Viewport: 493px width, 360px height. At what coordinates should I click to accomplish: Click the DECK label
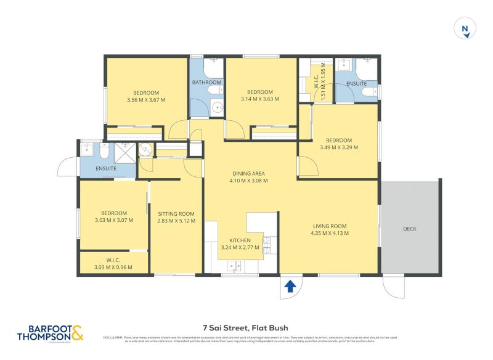tap(410, 229)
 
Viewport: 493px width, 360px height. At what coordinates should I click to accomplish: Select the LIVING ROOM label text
tap(330, 226)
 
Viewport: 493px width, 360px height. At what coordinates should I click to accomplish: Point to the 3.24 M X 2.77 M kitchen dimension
tap(240, 248)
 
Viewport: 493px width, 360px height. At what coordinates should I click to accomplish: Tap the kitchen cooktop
tap(267, 245)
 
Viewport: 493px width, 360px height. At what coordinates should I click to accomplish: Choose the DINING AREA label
tap(248, 174)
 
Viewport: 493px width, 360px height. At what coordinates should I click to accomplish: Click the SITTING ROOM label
tap(176, 214)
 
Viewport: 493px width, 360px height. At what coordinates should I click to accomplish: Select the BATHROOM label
tap(206, 82)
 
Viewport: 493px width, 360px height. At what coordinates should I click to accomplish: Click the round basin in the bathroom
tap(216, 108)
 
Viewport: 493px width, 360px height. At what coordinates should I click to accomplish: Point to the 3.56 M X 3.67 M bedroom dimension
tap(146, 100)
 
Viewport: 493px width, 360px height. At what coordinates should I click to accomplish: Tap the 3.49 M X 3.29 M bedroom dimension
tap(339, 147)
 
